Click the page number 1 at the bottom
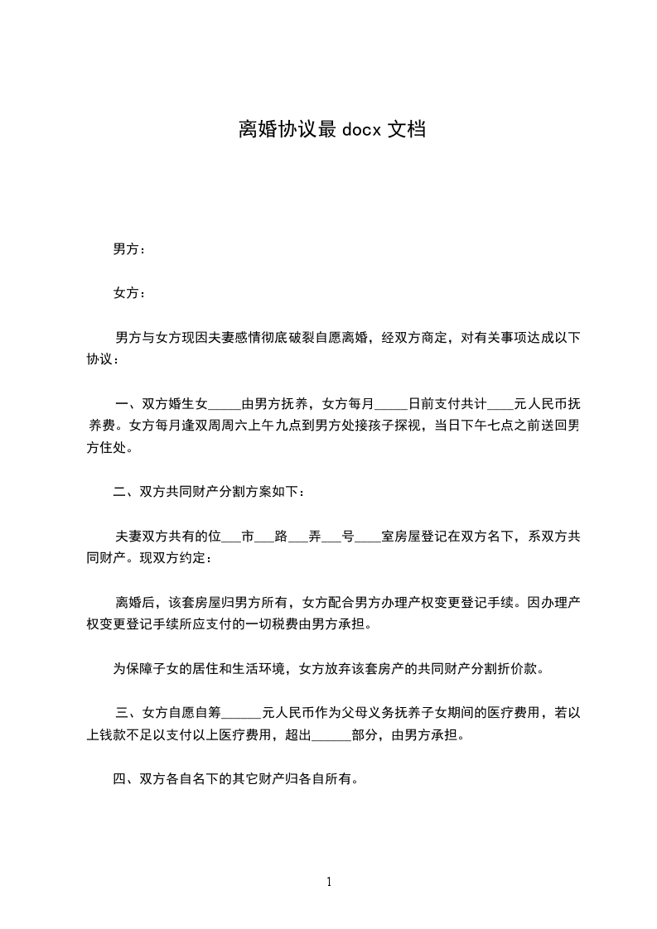coord(329,883)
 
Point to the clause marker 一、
coord(128,405)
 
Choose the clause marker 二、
coord(126,493)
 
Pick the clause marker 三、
coord(128,712)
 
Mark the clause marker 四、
coord(126,779)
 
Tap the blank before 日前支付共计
coord(391,406)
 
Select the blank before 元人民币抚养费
coord(500,406)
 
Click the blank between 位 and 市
coord(231,537)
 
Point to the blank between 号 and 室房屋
coord(368,537)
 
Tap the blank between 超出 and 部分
coord(330,734)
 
